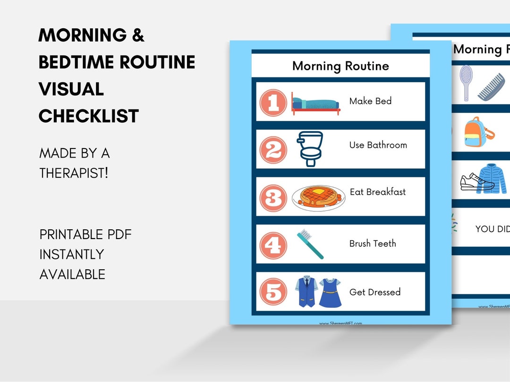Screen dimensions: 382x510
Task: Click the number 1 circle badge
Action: click(x=273, y=103)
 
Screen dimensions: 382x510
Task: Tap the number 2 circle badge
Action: click(x=273, y=150)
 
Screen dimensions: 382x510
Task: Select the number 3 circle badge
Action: click(x=273, y=198)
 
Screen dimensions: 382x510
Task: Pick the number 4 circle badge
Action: click(x=273, y=245)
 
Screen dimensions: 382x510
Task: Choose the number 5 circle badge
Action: click(x=273, y=293)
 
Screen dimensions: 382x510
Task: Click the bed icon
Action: click(x=315, y=104)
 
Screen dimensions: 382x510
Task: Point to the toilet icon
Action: click(x=310, y=149)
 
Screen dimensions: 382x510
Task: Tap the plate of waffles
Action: click(x=318, y=198)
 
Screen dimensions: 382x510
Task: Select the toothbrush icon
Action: click(x=310, y=244)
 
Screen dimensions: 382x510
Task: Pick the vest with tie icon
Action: click(x=305, y=292)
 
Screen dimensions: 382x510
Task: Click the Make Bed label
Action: click(x=370, y=101)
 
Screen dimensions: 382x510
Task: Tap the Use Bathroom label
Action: click(x=378, y=145)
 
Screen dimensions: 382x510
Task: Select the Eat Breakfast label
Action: click(x=378, y=192)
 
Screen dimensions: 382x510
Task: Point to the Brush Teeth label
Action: click(x=373, y=244)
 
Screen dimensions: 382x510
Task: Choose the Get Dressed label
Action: click(x=375, y=292)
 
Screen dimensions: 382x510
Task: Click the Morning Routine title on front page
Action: click(x=340, y=66)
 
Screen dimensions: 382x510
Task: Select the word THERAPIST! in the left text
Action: click(x=74, y=173)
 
